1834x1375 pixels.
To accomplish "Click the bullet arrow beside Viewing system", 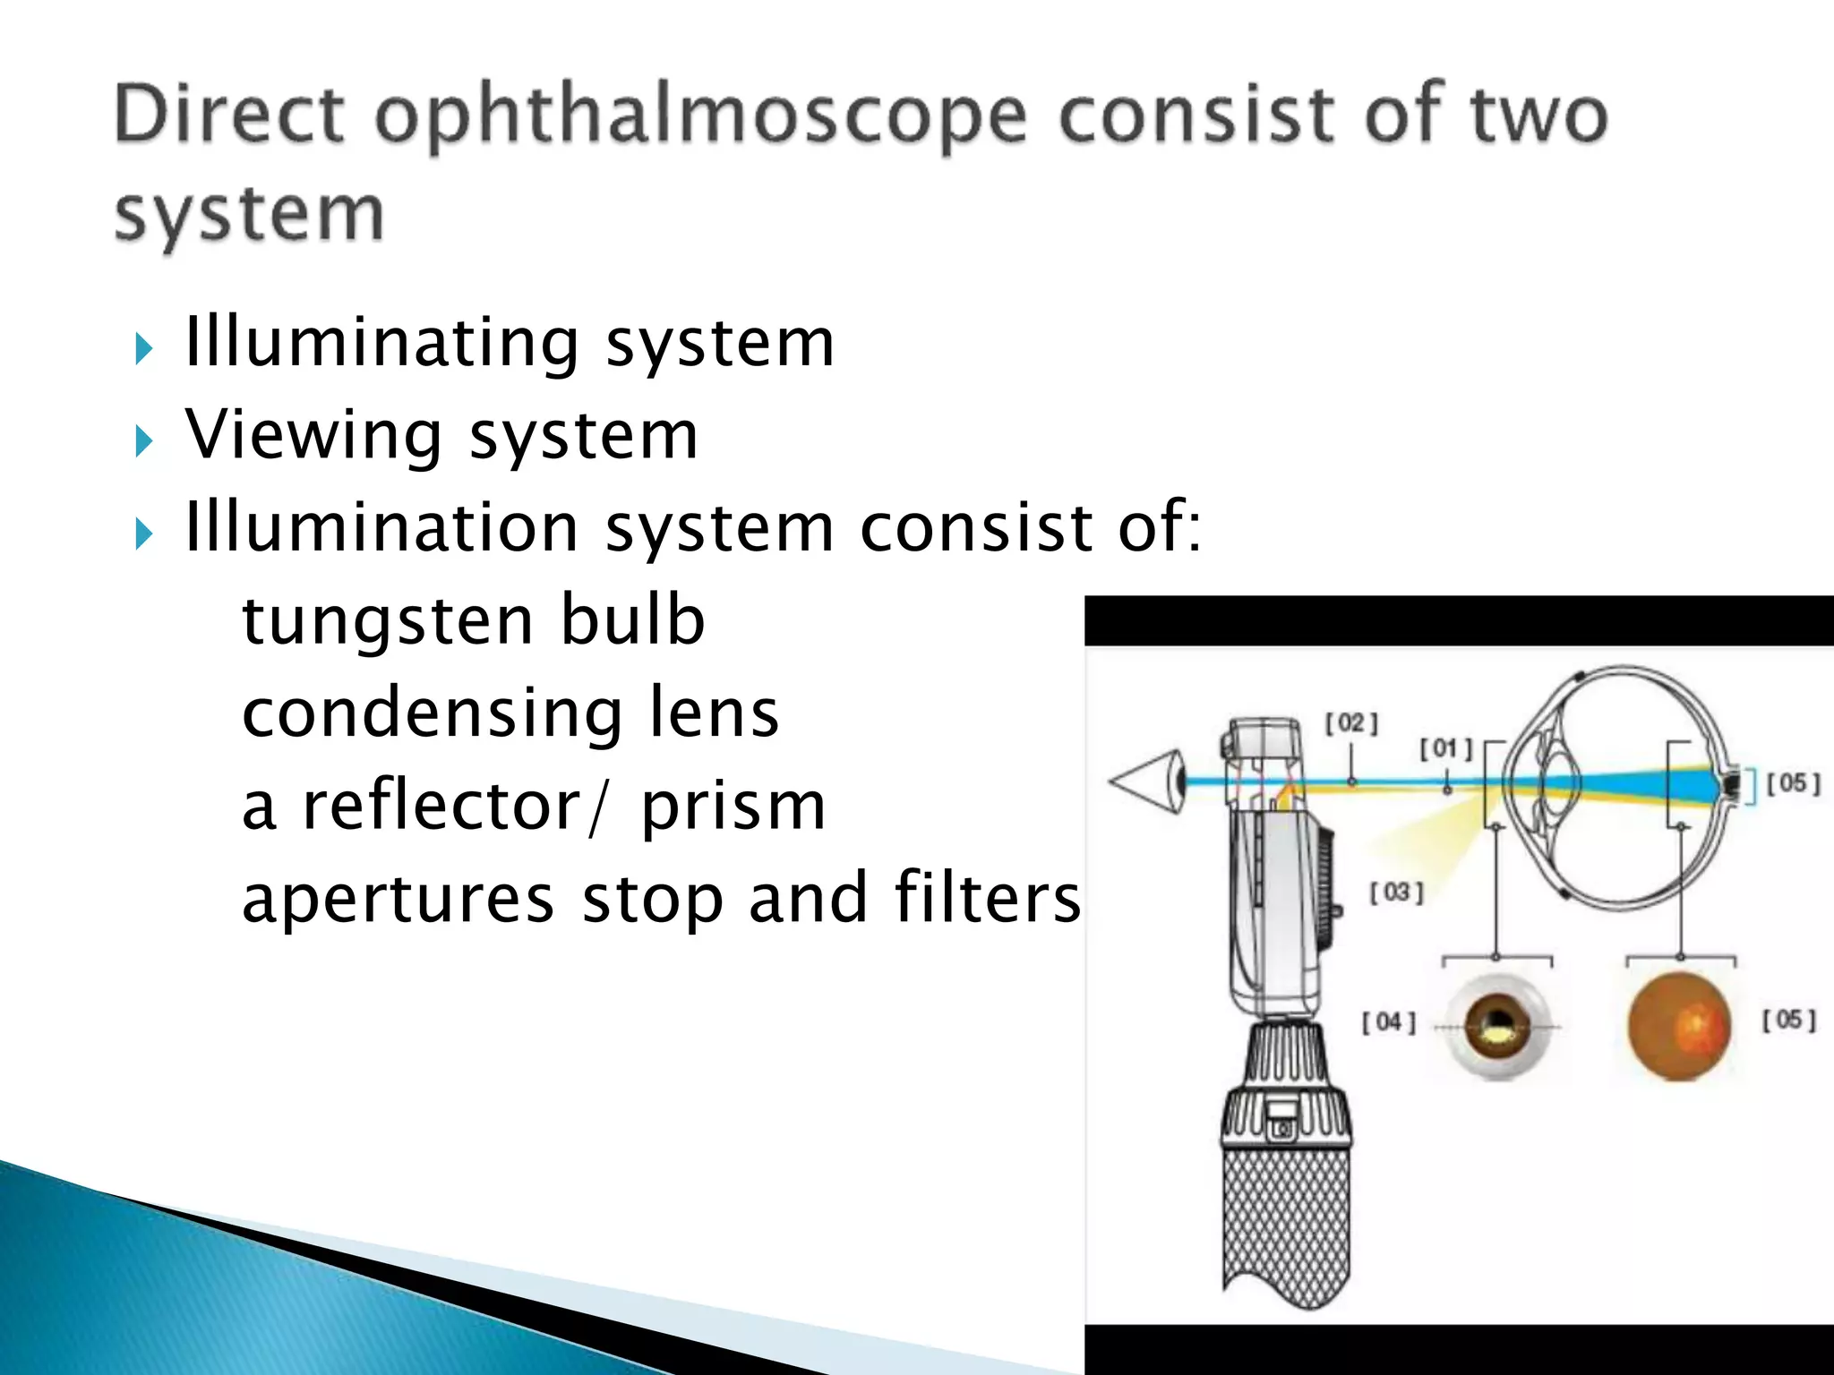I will tap(144, 440).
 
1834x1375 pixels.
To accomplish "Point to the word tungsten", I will tap(387, 622).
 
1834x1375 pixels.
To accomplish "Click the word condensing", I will tap(432, 713).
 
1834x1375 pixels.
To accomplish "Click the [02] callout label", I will tap(1351, 723).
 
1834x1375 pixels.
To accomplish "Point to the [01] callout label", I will tap(1445, 748).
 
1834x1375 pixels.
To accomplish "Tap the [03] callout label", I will tap(1396, 892).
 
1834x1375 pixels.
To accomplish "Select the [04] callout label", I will tap(1389, 1022).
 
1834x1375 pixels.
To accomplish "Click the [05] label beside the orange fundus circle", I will tap(1788, 1021).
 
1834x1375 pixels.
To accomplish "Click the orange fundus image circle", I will tap(1679, 1026).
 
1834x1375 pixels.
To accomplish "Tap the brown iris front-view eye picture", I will tap(1497, 1026).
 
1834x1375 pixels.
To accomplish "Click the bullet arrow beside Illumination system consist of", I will tap(144, 534).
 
